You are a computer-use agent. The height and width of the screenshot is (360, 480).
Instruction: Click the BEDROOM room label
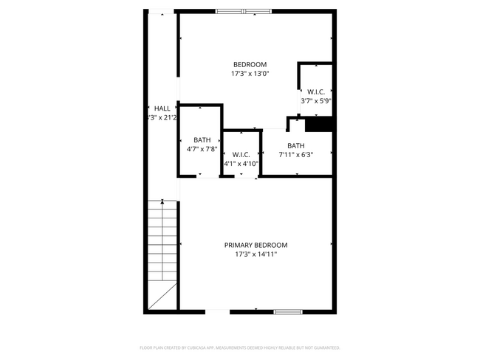(x=250, y=64)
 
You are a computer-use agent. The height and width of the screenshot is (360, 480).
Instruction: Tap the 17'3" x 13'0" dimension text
(x=250, y=74)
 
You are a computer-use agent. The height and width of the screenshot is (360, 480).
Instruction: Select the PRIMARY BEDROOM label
(x=256, y=245)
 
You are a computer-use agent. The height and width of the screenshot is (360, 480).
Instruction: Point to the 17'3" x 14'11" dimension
(x=256, y=255)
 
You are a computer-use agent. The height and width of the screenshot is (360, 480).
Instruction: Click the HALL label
(x=162, y=108)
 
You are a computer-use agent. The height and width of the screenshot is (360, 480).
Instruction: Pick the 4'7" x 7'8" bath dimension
(x=202, y=149)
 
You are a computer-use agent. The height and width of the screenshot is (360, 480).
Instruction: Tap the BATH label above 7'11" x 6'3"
(x=296, y=145)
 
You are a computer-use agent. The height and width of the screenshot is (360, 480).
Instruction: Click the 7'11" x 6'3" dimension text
(x=296, y=155)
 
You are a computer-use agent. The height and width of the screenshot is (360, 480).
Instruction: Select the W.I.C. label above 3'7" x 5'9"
(x=316, y=91)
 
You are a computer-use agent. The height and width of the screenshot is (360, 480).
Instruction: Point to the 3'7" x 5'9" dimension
(x=316, y=101)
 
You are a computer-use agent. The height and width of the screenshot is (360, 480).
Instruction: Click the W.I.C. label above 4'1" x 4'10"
(x=241, y=154)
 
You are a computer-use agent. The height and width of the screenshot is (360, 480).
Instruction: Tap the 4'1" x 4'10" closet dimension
(x=241, y=164)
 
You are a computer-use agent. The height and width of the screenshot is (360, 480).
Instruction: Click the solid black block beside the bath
(x=320, y=125)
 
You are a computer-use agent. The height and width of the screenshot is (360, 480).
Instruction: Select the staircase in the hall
(x=162, y=255)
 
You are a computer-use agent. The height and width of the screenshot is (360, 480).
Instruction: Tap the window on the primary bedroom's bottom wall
(x=288, y=312)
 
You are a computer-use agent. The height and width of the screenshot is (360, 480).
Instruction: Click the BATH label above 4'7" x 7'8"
(x=202, y=139)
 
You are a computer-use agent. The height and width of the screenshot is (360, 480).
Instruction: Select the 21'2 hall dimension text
(x=169, y=117)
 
